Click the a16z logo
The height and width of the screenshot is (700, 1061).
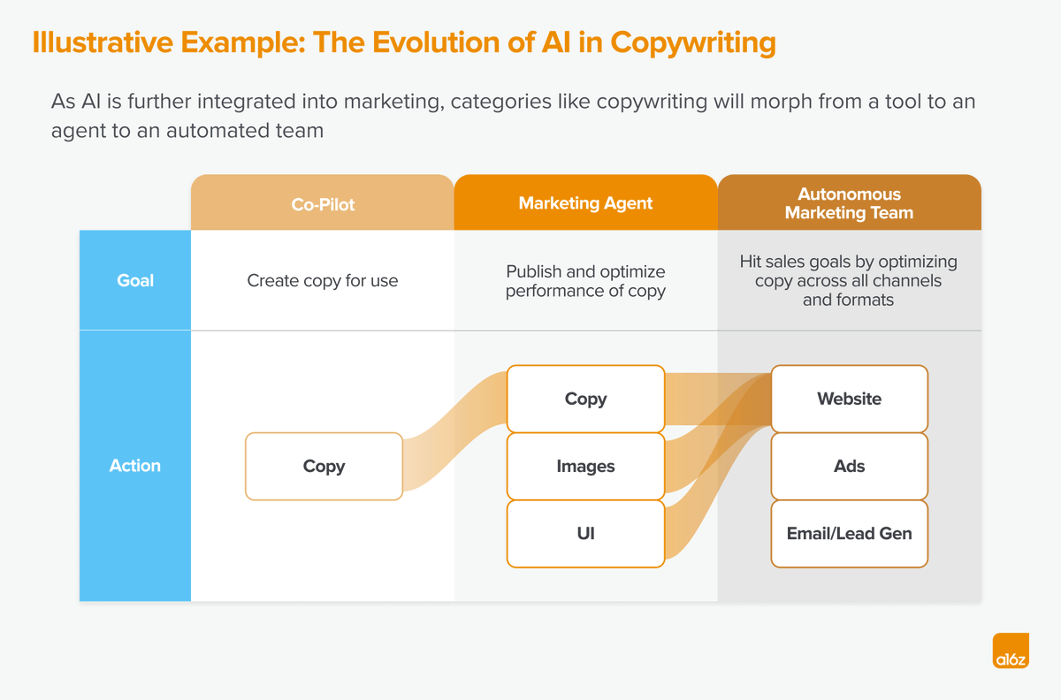coord(1011,651)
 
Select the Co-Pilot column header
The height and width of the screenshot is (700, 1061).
coord(323,202)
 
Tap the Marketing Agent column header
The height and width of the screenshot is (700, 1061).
coord(586,202)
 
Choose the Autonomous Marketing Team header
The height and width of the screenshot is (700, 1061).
coord(850,202)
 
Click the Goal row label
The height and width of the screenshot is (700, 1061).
coord(135,280)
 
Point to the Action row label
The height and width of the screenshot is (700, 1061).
coord(135,466)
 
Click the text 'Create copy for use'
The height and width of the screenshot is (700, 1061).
coord(323,280)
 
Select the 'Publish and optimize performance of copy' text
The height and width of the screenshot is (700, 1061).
coord(585,281)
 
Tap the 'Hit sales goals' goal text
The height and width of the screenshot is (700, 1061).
coord(848,280)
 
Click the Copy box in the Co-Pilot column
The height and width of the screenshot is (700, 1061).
coord(324,466)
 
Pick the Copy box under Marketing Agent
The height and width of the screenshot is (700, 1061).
coord(586,399)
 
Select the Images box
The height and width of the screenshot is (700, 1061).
coord(586,466)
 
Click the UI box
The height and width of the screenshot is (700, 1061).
coord(586,533)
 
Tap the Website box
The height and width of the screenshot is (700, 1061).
coord(850,399)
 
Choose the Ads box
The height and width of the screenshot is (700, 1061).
coord(850,466)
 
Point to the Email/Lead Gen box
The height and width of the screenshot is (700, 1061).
coord(850,533)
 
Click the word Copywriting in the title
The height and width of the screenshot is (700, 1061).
coord(693,42)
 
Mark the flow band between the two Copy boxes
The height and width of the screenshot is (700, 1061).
coord(454,431)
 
